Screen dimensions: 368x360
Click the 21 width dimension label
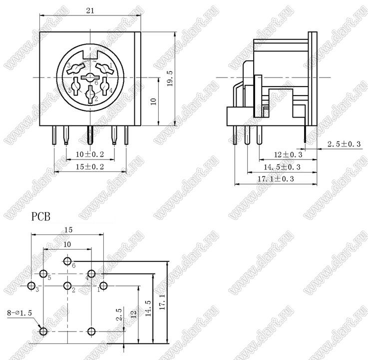90,10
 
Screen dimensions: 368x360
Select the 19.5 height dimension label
170,78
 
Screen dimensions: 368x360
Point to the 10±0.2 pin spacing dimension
90,154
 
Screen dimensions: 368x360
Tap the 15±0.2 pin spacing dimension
90,167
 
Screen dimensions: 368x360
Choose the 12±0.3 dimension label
288,154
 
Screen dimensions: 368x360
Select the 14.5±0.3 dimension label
282,167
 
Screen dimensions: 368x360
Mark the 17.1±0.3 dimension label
276,179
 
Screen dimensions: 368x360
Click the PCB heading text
41,216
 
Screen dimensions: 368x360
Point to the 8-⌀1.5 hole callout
19,313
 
